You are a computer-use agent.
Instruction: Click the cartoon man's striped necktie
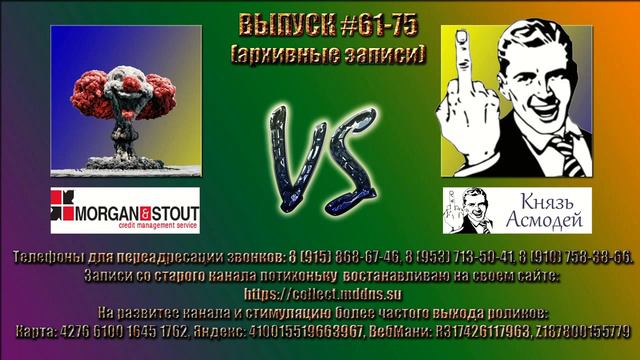click(561, 150)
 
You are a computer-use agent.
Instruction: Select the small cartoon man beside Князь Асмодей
click(465, 211)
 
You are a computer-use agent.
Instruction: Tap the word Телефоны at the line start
click(45, 257)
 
